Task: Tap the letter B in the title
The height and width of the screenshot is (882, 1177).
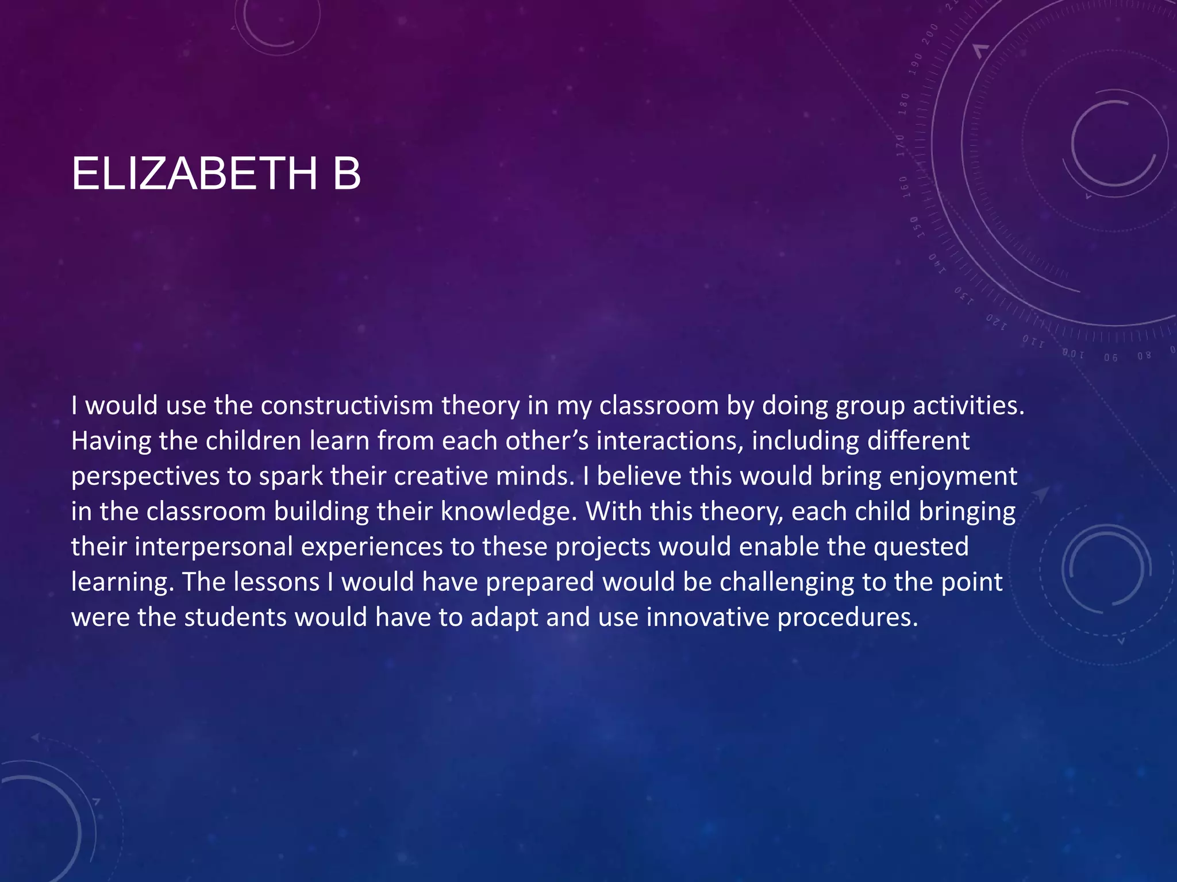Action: point(347,173)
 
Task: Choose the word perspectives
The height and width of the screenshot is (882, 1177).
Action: point(145,477)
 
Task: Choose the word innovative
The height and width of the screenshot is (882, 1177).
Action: point(707,617)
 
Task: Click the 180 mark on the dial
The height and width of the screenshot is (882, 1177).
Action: point(904,103)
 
